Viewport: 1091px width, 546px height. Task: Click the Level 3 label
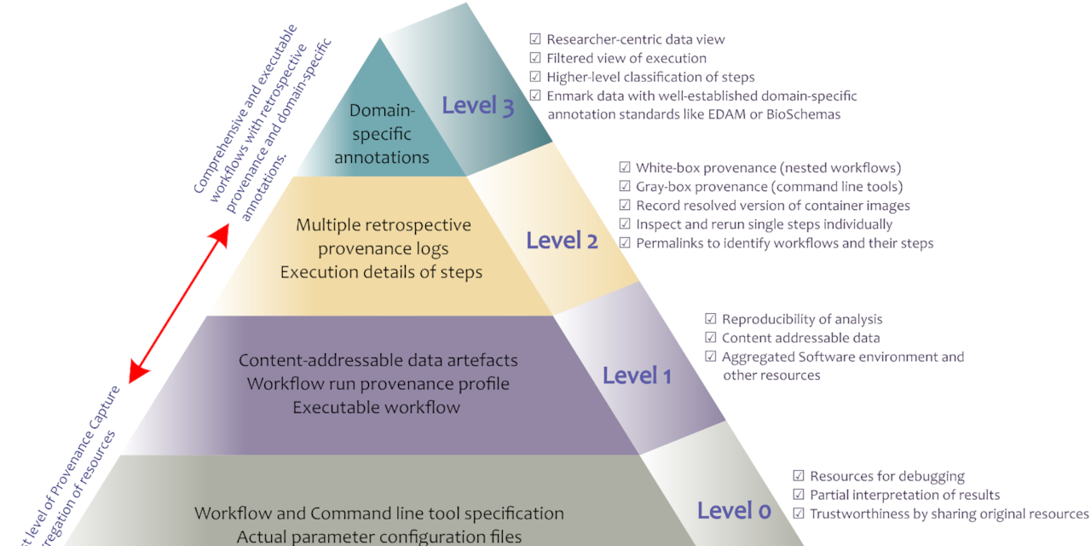pos(477,107)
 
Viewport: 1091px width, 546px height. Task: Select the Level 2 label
pos(562,241)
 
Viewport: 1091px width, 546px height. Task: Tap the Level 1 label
pos(637,375)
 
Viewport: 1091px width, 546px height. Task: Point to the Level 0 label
pos(734,510)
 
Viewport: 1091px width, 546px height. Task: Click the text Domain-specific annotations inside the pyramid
pos(381,134)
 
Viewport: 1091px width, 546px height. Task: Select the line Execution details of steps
pos(381,273)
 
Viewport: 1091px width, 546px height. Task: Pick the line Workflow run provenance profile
pos(378,384)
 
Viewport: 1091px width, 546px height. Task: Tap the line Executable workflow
pos(376,408)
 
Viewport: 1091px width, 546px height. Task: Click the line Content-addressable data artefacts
pos(378,361)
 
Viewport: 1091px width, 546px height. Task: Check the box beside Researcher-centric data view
pos(535,39)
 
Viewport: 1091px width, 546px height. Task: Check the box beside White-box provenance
pos(625,168)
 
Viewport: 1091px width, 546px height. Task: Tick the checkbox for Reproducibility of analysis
pos(711,319)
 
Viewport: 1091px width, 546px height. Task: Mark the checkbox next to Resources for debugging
pos(799,476)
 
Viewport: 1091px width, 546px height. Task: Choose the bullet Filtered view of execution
pos(626,58)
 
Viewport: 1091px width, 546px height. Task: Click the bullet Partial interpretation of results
pos(904,495)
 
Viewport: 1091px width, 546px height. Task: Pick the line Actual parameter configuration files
pos(379,537)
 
